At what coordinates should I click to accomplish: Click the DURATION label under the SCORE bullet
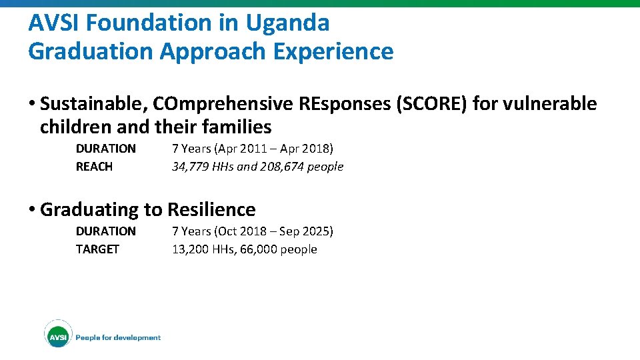[x=105, y=148]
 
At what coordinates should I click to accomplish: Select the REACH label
[x=94, y=167]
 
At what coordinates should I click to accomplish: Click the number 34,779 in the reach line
[x=193, y=167]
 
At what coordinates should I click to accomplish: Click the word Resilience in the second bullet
[x=211, y=209]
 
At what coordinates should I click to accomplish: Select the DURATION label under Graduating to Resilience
[x=105, y=231]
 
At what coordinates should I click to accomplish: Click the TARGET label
[x=97, y=249]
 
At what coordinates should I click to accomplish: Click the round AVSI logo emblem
[x=58, y=337]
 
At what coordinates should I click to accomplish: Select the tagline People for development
[x=118, y=338]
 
